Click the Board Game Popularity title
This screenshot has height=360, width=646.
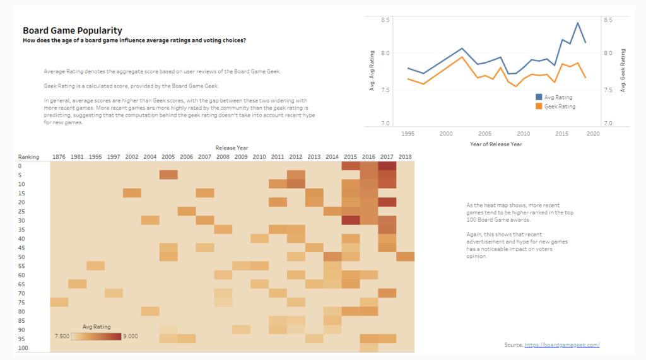pos(73,30)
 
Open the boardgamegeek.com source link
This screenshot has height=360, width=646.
pos(561,345)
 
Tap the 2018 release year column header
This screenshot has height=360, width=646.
pos(405,156)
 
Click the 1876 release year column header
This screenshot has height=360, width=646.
pos(59,156)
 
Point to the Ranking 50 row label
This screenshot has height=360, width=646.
pos(21,257)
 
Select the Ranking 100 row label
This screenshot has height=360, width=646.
pos(23,347)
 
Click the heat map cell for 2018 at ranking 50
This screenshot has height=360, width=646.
pos(405,257)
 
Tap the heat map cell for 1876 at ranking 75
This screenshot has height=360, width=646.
pos(59,302)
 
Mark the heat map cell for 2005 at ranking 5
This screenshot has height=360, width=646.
pos(168,175)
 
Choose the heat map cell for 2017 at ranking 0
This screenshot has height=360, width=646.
pos(387,166)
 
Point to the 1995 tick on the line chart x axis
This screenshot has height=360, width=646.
pos(408,134)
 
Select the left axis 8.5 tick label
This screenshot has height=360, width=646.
pos(386,21)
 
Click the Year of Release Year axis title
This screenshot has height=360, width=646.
pos(496,144)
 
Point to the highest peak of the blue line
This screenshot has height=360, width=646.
pos(577,23)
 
